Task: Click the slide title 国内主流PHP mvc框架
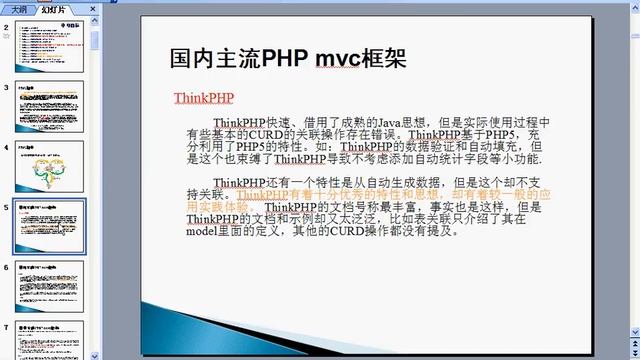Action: pyautogui.click(x=288, y=59)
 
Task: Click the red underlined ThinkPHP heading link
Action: pyautogui.click(x=203, y=98)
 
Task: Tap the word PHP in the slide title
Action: pyautogui.click(x=287, y=59)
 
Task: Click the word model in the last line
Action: pyautogui.click(x=202, y=230)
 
